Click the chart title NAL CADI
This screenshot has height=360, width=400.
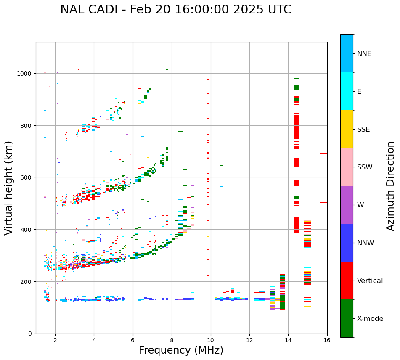[175, 10]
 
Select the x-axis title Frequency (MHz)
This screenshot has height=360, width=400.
[181, 350]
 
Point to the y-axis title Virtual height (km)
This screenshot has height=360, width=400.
[9, 188]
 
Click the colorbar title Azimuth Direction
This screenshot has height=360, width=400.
[391, 186]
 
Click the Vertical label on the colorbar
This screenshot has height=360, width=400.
[370, 281]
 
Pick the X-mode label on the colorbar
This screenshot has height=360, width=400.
[370, 318]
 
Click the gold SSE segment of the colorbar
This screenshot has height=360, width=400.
[347, 129]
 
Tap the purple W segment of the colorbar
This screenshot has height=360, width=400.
[347, 205]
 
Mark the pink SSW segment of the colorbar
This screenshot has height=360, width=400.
[347, 167]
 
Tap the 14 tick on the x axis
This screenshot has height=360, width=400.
[288, 340]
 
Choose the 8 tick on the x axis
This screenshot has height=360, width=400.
[172, 340]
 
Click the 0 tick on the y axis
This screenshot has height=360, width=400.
[29, 334]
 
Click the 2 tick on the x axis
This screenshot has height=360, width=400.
[55, 340]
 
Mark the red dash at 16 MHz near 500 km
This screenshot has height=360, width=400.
[323, 202]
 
